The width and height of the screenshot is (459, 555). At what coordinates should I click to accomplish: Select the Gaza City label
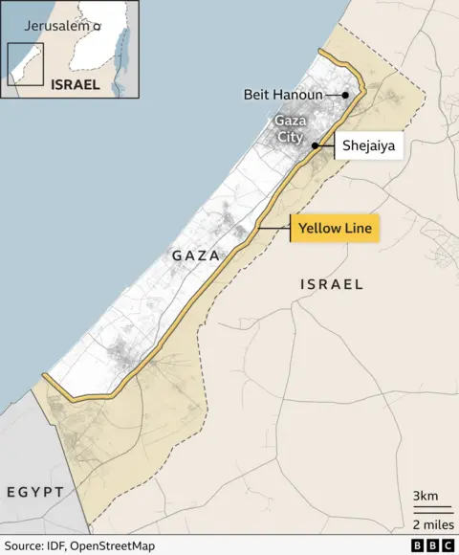(289, 129)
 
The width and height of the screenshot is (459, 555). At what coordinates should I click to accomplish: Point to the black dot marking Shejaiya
(315, 145)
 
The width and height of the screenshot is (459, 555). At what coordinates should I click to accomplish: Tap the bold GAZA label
(195, 256)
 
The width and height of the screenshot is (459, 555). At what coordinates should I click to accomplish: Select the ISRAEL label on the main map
(332, 284)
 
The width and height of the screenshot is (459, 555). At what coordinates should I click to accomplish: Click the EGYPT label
(35, 492)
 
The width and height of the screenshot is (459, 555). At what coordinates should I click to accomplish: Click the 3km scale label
(426, 496)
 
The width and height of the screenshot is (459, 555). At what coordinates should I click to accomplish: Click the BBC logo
(432, 544)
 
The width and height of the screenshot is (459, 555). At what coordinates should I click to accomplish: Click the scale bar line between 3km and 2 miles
(431, 509)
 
